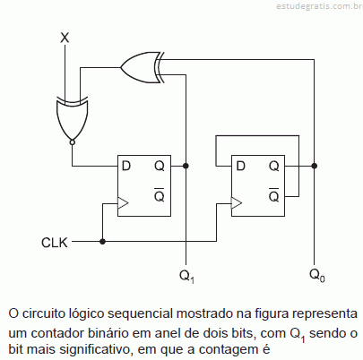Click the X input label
coord(65,38)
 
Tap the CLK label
coord(55,243)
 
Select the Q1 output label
coord(187,276)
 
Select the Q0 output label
coord(317,275)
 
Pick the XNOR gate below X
coord(72,118)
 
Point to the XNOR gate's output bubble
coord(72,142)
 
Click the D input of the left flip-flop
coord(126,166)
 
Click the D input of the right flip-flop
coord(240,166)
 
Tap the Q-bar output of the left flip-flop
coord(160,195)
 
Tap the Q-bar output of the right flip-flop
coord(273,195)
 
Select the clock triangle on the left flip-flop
coord(123,203)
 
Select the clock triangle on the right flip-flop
coord(237,203)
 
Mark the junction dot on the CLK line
coord(102,241)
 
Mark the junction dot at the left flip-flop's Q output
coord(186,166)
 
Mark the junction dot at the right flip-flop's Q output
coord(314,166)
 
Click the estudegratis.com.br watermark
coord(319,6)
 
